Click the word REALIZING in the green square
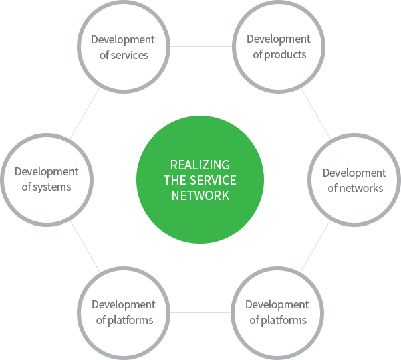200,165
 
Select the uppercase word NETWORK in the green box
200,195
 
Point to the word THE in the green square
176,180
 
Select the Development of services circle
123,47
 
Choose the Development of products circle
277,47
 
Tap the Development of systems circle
46,179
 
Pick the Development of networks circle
354,180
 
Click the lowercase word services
129,55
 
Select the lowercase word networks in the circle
362,188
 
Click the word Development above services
123,39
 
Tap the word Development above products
277,39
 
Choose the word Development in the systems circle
46,172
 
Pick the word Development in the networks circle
354,173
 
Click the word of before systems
27,187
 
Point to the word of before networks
333,188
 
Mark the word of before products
258,54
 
